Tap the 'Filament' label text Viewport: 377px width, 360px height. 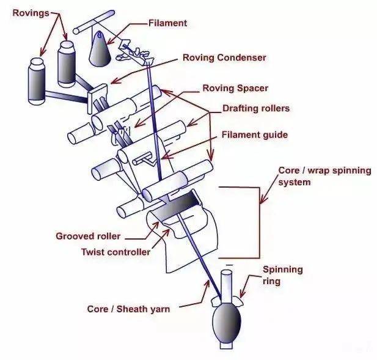[x=167, y=23]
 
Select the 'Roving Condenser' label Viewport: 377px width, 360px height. [x=224, y=58]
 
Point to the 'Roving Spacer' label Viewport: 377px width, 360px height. [x=235, y=88]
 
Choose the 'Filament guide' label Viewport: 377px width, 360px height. [x=254, y=134]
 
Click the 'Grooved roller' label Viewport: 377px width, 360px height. [x=88, y=236]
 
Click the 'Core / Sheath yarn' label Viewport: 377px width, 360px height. [x=128, y=309]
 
